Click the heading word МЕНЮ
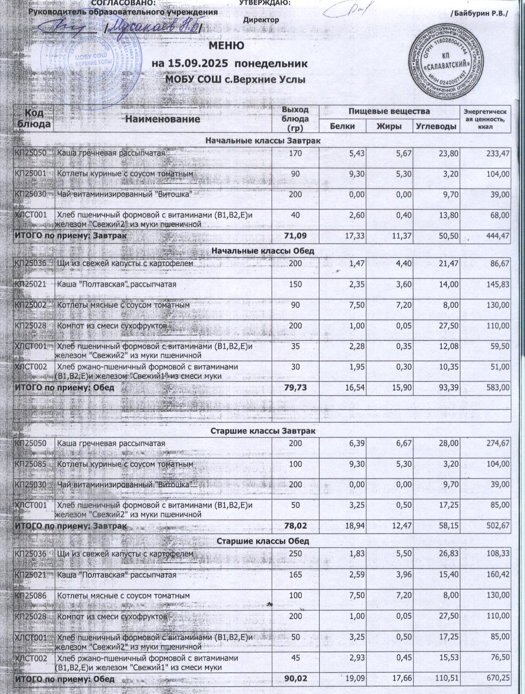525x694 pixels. click(x=226, y=46)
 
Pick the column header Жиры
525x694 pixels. click(x=389, y=126)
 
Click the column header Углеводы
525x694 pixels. click(x=436, y=126)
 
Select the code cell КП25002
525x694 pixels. click(x=34, y=305)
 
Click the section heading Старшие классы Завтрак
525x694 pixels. click(x=262, y=432)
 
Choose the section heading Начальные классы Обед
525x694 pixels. click(x=262, y=251)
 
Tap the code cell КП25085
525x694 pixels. click(x=34, y=464)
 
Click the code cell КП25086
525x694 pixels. click(x=34, y=596)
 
